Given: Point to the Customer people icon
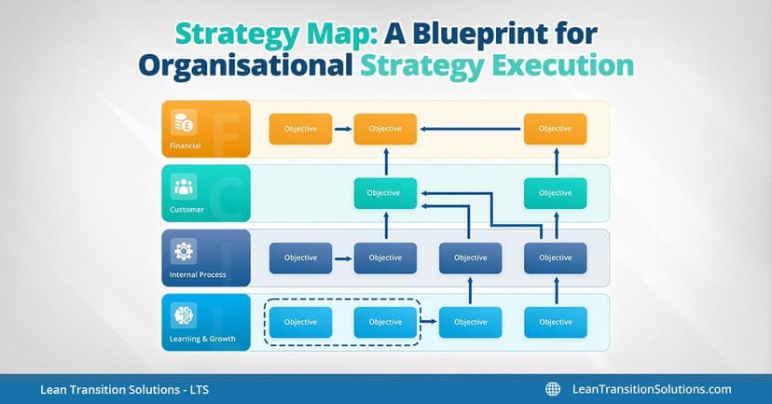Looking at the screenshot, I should click(x=183, y=187).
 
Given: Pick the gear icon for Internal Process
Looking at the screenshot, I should click(x=183, y=251).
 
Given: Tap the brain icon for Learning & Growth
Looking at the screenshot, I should click(x=183, y=314).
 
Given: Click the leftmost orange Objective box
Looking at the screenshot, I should click(x=300, y=129).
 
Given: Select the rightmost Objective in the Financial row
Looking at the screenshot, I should click(x=555, y=129).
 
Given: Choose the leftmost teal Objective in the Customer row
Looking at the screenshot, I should click(x=385, y=193).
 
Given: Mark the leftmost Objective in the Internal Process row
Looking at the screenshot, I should click(x=300, y=258).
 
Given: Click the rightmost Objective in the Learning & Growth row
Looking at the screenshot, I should click(x=555, y=322).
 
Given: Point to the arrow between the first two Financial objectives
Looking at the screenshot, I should click(x=343, y=129).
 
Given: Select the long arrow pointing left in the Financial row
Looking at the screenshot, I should click(x=470, y=129).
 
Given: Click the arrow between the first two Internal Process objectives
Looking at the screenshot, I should click(x=343, y=258).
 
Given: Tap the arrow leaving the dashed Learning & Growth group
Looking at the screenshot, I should click(x=430, y=322).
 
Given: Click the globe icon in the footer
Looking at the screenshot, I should click(x=553, y=389).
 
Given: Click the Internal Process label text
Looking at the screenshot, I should click(x=198, y=274).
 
